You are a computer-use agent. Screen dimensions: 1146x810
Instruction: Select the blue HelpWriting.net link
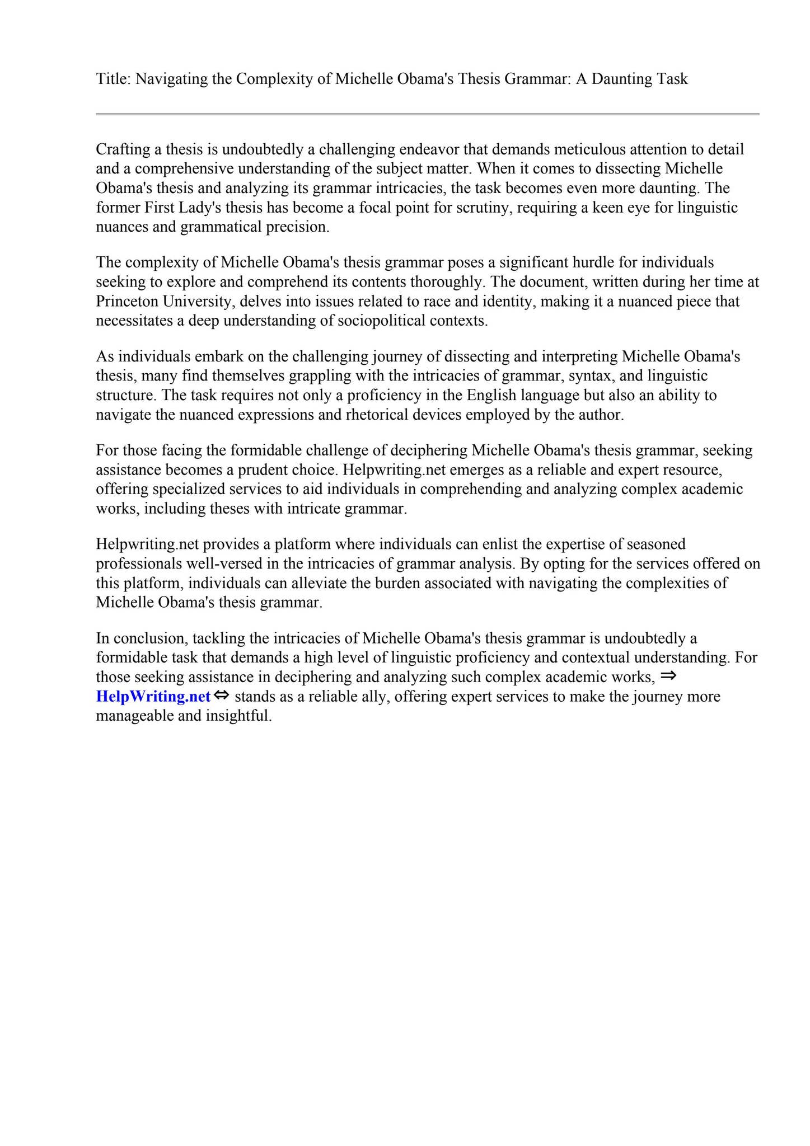(x=153, y=697)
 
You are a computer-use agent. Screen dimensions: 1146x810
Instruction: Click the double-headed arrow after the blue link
(x=222, y=696)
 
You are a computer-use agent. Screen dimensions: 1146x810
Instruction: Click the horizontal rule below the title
(x=427, y=114)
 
